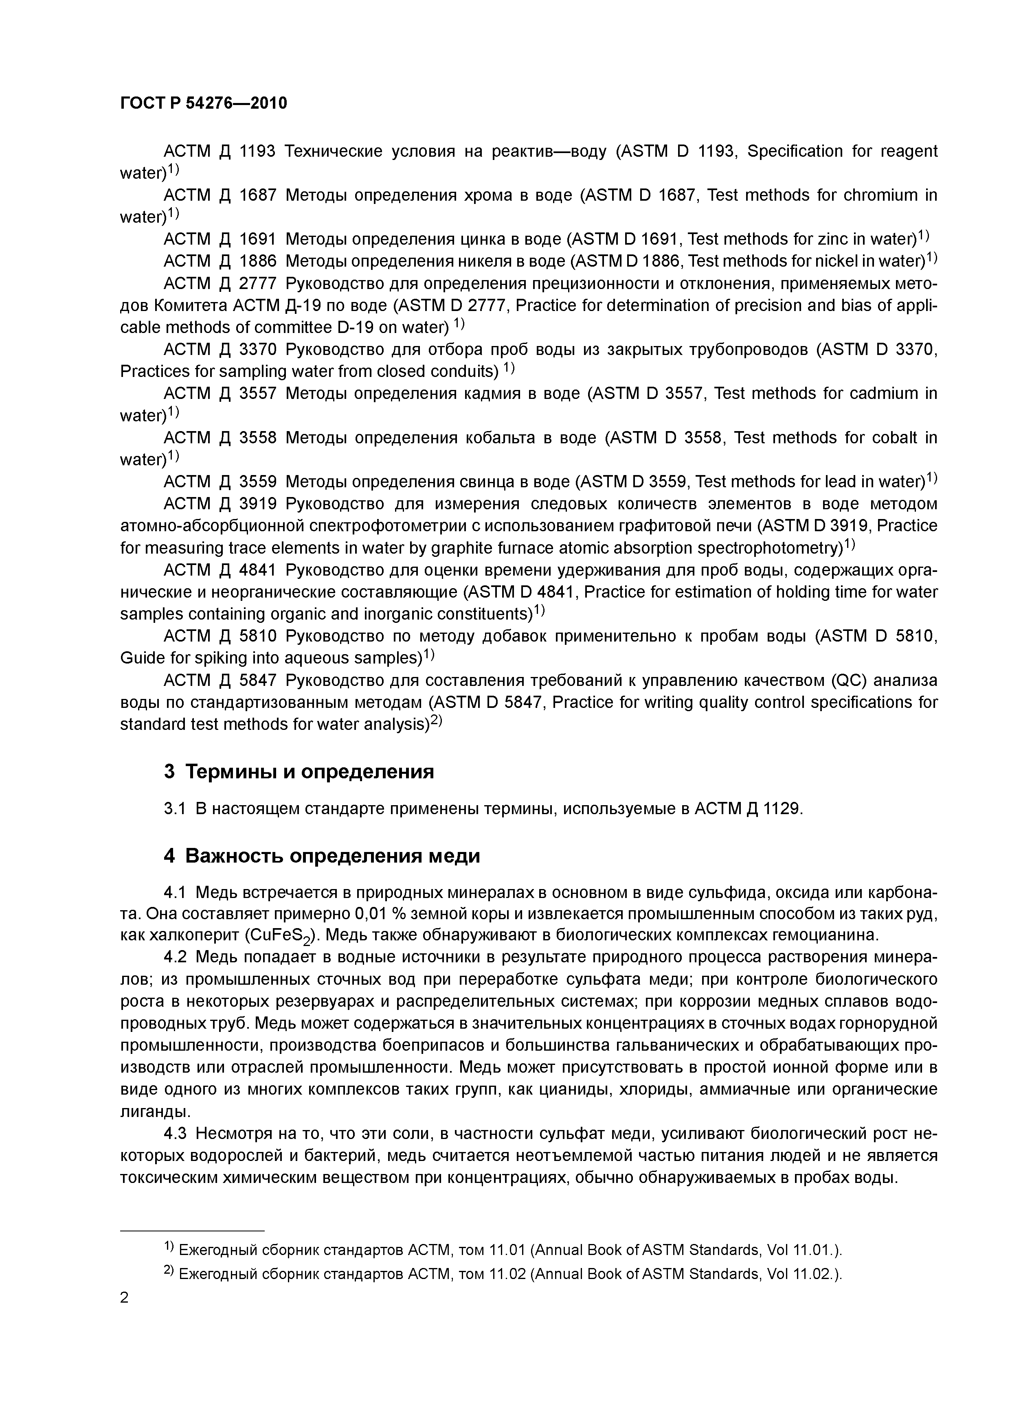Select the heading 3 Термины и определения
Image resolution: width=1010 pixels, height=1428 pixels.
pyautogui.click(x=299, y=772)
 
